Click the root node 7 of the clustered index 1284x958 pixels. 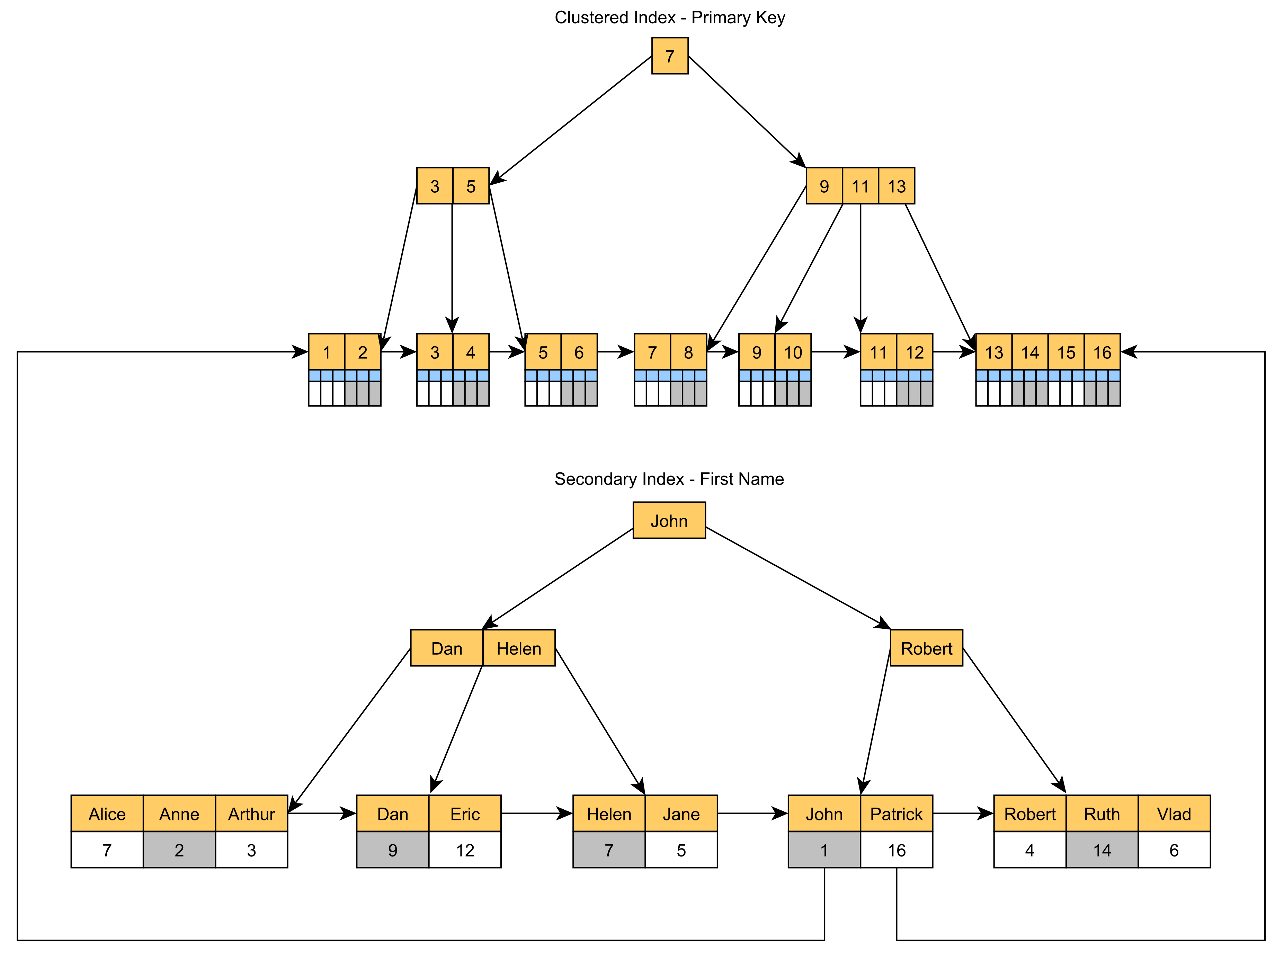[x=669, y=56]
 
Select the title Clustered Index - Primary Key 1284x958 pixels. [x=669, y=17]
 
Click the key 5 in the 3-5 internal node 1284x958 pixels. [x=471, y=186]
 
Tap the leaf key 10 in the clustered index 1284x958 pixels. [x=793, y=352]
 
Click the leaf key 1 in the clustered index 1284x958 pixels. [x=326, y=352]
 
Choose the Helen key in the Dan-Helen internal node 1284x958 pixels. [x=519, y=648]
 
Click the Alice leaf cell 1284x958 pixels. [x=107, y=813]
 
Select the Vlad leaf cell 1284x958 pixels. [x=1174, y=813]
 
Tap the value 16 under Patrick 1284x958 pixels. [x=897, y=850]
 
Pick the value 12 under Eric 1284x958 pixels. [x=465, y=850]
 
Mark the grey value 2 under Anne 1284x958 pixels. [x=179, y=850]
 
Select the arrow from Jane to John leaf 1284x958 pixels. [x=752, y=813]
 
